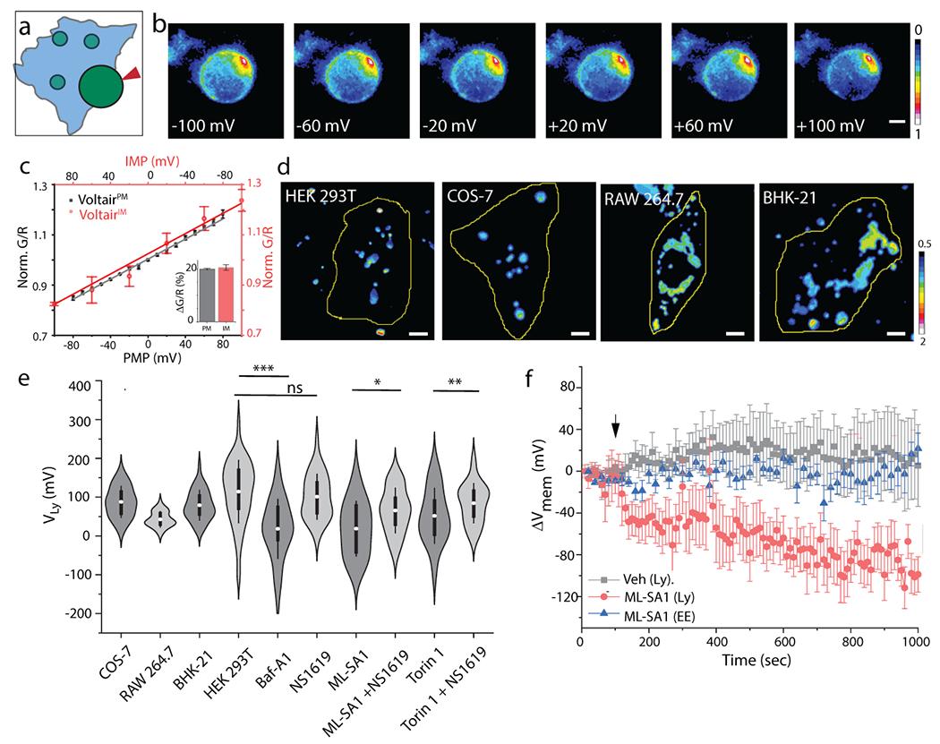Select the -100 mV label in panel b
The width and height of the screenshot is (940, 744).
[202, 126]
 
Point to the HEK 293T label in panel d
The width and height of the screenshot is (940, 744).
[320, 197]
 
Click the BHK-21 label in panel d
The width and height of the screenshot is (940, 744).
[790, 198]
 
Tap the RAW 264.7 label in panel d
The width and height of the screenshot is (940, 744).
[644, 199]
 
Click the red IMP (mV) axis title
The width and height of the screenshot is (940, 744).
[152, 160]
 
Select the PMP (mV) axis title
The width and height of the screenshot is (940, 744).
[152, 358]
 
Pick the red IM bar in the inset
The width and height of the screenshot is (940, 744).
[226, 294]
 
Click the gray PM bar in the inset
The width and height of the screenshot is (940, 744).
[206, 295]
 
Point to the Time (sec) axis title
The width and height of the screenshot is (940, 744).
[756, 661]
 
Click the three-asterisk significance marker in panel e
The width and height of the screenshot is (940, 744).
[264, 369]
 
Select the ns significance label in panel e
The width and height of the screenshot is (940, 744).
[295, 389]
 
